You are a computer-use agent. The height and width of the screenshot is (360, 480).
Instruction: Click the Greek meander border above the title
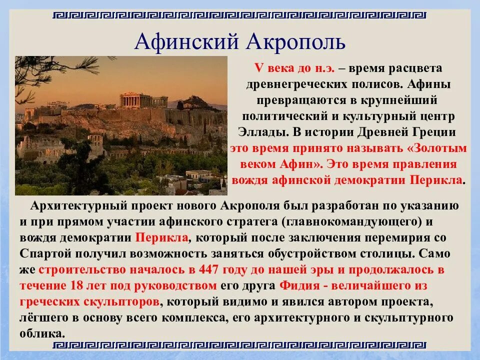[x=239, y=15]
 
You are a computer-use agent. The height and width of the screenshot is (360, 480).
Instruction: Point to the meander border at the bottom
[x=239, y=346]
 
